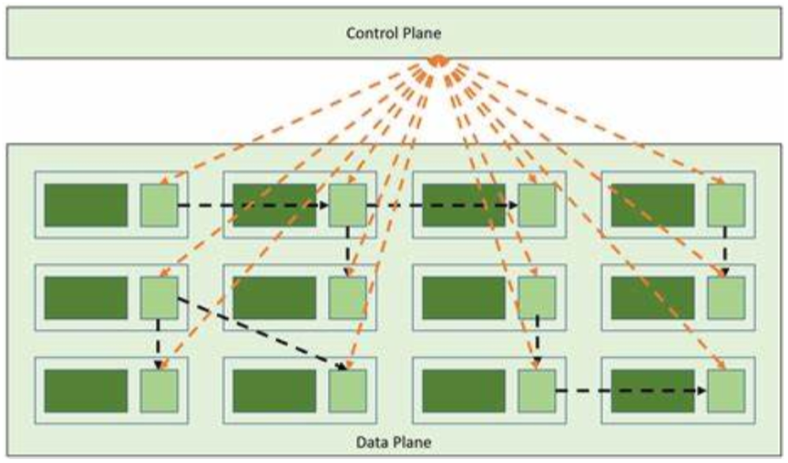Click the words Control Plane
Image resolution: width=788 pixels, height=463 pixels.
click(x=394, y=33)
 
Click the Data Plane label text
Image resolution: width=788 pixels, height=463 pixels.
click(x=394, y=440)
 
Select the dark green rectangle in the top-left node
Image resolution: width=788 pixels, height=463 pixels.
click(x=85, y=205)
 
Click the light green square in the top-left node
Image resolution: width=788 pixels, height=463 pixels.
click(x=159, y=205)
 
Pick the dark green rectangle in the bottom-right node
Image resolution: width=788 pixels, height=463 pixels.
click(x=653, y=390)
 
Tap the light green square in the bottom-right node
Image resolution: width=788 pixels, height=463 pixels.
click(x=726, y=390)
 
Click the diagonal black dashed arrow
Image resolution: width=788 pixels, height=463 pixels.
click(x=261, y=332)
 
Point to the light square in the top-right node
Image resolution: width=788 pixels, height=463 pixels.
click(x=726, y=205)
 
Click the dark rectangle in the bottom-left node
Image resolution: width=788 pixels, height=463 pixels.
click(x=85, y=390)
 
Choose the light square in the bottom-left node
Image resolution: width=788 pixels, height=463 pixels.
click(x=159, y=390)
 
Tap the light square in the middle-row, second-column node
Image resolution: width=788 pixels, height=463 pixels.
click(x=347, y=297)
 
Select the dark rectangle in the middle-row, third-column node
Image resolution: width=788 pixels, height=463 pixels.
click(x=463, y=297)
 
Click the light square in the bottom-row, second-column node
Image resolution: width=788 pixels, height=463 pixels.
click(x=347, y=390)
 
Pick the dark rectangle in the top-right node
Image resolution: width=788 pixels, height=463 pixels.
click(x=653, y=205)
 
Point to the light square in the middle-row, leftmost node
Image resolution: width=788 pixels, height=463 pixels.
click(x=159, y=297)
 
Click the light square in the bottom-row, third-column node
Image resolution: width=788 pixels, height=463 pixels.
click(x=537, y=390)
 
